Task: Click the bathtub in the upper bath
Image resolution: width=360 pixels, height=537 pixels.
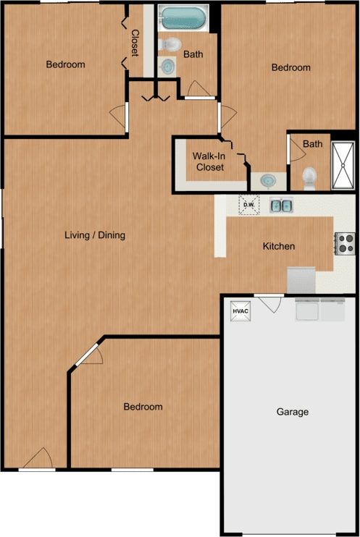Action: click(182, 17)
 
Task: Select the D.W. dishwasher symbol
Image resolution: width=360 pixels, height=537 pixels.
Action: click(248, 205)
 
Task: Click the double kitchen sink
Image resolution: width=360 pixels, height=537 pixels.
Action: click(281, 206)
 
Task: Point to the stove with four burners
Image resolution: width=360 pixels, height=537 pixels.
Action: click(343, 242)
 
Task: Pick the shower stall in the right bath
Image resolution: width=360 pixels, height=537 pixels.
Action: click(342, 166)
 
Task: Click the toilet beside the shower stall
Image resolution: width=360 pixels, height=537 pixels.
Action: click(309, 177)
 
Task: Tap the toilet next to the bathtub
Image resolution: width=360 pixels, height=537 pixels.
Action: click(171, 46)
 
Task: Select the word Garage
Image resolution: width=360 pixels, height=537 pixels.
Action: click(293, 412)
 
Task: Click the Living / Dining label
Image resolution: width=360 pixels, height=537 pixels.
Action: click(95, 234)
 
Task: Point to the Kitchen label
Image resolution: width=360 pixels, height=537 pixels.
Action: click(278, 246)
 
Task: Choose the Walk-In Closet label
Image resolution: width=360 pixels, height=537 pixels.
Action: click(208, 161)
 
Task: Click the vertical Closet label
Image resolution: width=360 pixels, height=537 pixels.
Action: click(135, 43)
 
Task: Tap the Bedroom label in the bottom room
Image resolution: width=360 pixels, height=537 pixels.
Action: click(143, 407)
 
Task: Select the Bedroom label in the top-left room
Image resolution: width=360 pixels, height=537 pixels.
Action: click(65, 64)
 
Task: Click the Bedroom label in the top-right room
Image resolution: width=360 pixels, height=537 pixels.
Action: click(290, 67)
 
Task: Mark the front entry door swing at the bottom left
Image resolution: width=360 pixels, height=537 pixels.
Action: click(38, 459)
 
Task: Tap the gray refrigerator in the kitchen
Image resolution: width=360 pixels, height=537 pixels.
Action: click(301, 278)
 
